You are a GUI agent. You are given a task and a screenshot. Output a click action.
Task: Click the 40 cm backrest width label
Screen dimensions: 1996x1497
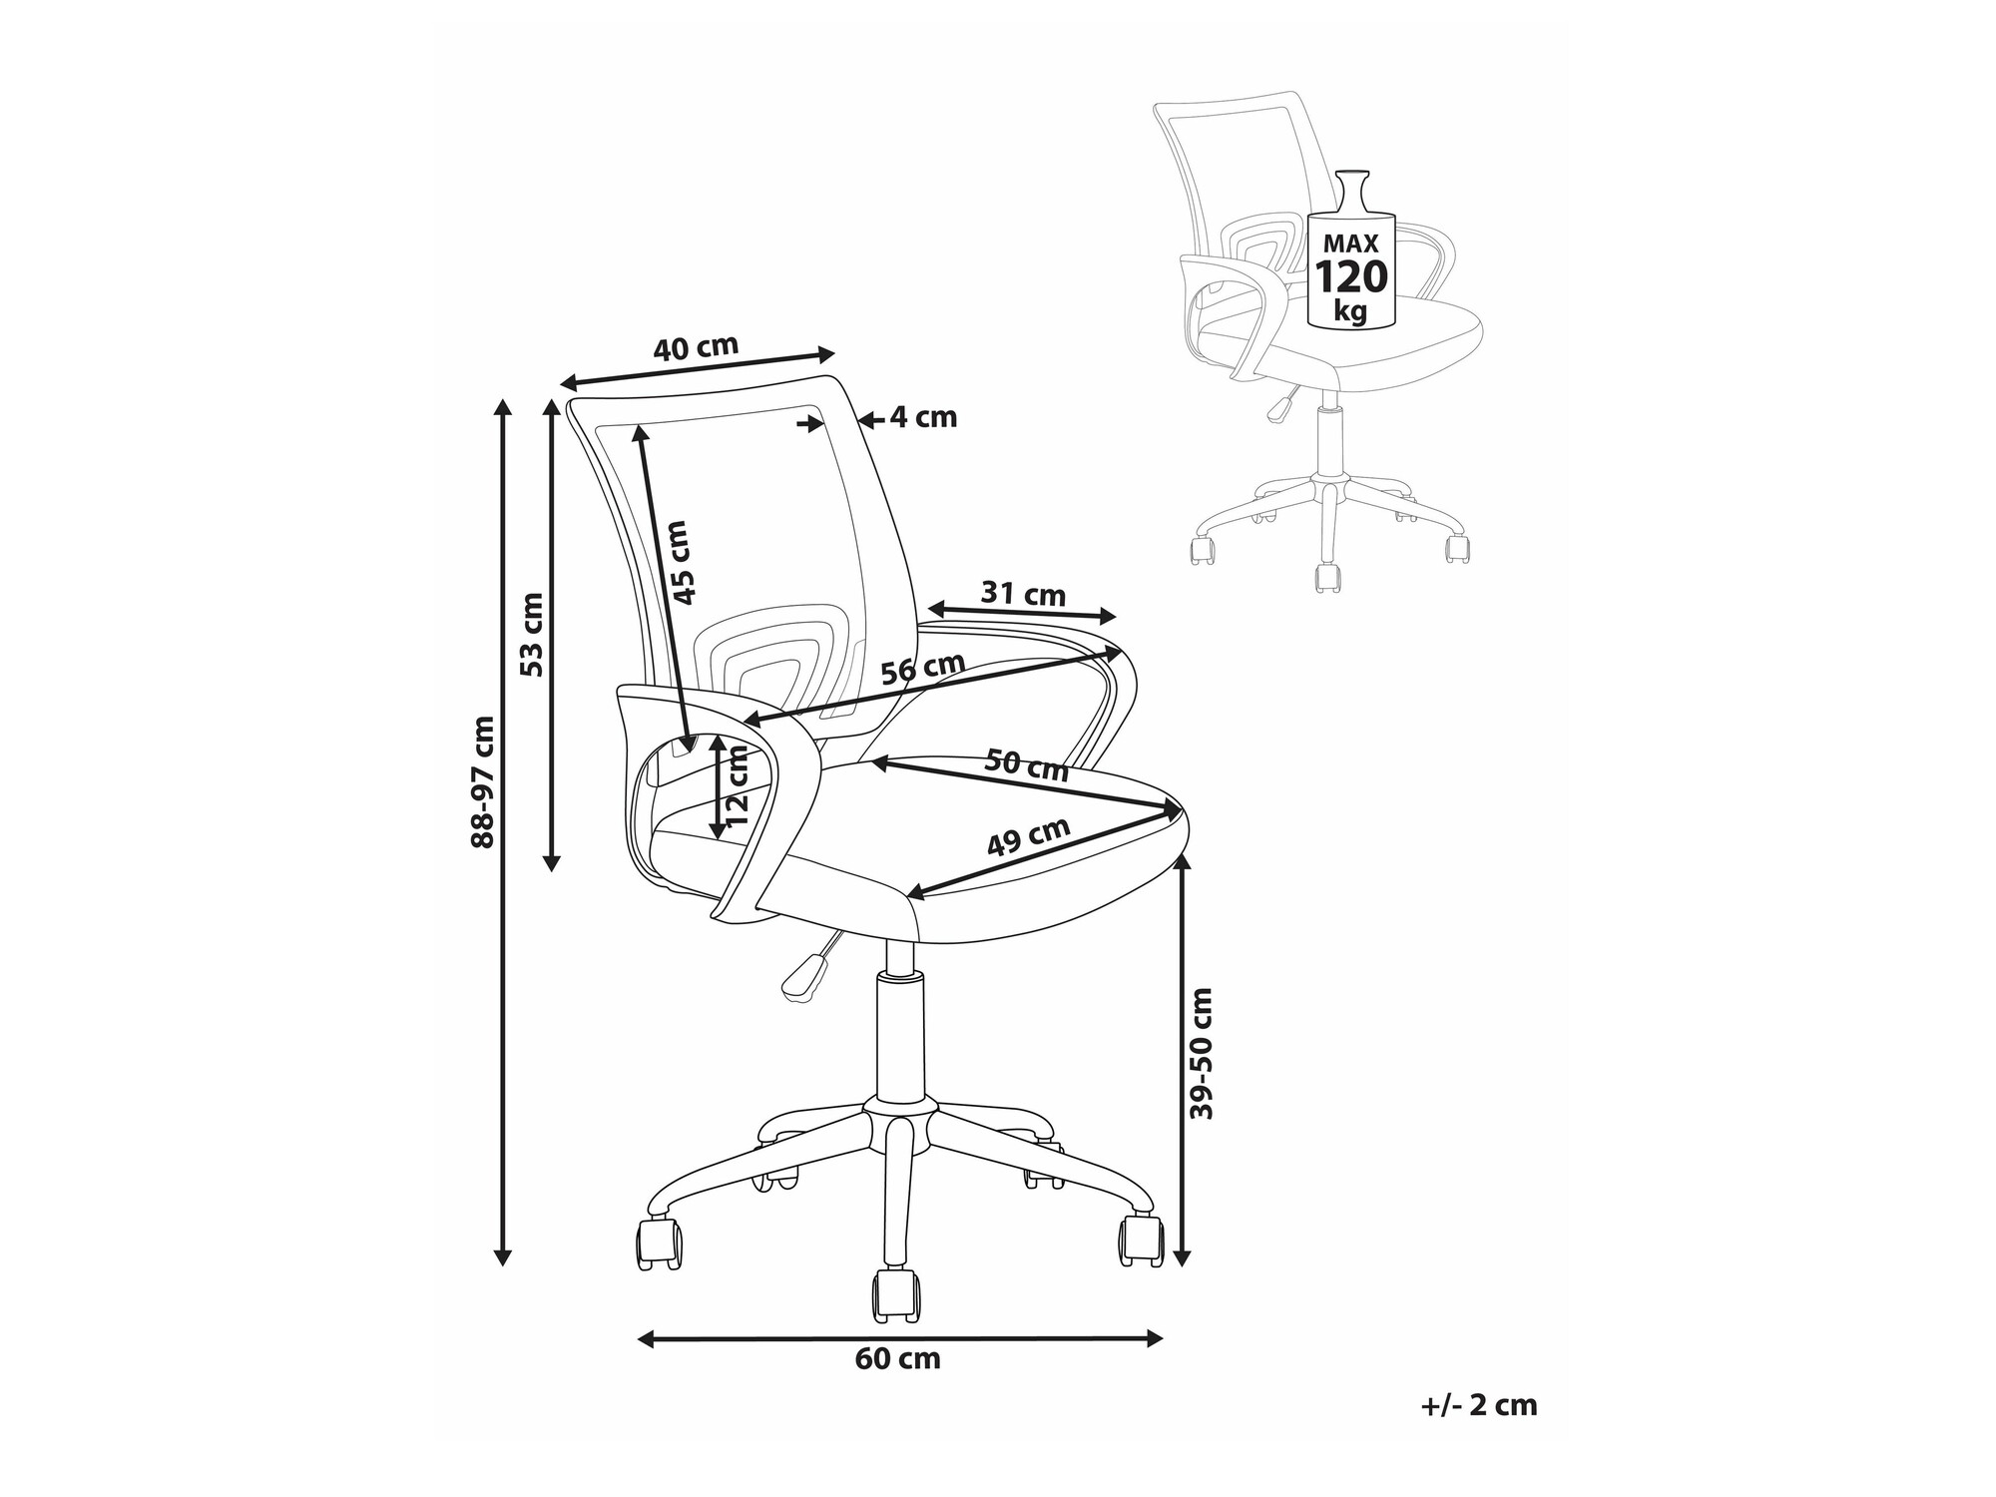(x=696, y=347)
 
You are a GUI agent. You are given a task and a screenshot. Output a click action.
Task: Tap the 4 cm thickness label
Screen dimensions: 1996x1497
(x=923, y=417)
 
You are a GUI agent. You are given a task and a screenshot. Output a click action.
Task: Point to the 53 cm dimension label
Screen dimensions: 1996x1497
(x=533, y=635)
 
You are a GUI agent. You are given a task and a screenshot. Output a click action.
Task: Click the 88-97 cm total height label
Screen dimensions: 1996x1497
(x=483, y=781)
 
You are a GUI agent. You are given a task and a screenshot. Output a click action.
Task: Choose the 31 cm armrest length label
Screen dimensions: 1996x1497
(x=1023, y=595)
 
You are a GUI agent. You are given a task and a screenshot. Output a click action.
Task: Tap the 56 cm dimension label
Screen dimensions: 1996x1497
(x=923, y=668)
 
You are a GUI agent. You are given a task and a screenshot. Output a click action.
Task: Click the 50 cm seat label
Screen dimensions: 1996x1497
(x=1027, y=765)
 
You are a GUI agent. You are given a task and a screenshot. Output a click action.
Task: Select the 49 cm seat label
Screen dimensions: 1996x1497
(x=1029, y=836)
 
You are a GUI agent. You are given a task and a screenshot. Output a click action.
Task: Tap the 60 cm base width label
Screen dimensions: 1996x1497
(x=898, y=1358)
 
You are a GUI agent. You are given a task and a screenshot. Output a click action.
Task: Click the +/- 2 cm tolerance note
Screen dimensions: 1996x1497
(x=1479, y=1405)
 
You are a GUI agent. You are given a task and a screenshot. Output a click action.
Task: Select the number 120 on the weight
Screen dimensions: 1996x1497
(x=1350, y=275)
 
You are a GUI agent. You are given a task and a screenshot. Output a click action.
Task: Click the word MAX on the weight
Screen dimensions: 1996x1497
(x=1350, y=243)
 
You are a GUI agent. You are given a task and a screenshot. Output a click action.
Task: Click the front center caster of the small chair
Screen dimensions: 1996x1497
(x=1326, y=578)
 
